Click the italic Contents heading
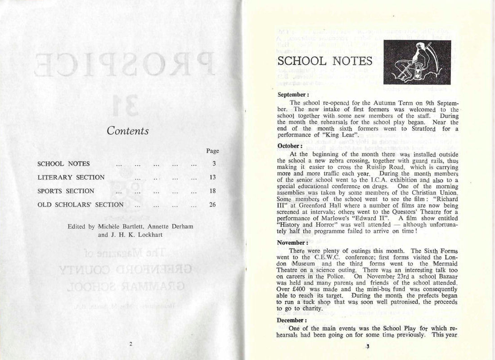128,130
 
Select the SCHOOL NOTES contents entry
63,164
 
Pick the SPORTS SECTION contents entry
66,191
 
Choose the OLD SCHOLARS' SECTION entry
81,205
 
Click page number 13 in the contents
213,177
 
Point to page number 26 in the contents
213,205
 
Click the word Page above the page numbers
212,151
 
